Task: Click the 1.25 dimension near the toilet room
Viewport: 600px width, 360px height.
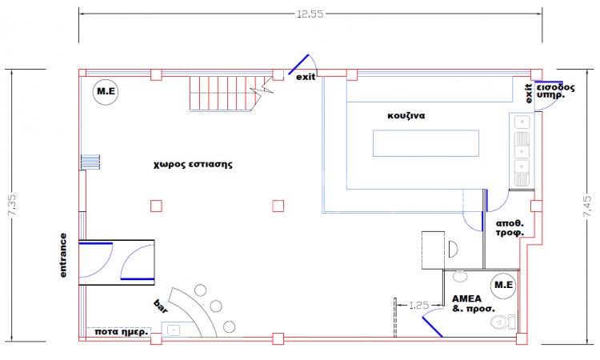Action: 418,305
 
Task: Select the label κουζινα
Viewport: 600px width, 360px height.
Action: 406,115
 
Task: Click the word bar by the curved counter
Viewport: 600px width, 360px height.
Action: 161,306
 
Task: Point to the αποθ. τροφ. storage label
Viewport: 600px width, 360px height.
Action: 510,228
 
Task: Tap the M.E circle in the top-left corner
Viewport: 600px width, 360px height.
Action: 105,90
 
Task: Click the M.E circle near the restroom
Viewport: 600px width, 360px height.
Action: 503,285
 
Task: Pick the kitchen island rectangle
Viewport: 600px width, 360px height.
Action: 426,143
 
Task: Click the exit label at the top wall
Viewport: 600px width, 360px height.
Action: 306,78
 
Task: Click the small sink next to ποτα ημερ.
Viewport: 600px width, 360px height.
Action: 174,329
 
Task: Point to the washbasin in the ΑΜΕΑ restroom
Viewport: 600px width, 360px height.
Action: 460,276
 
